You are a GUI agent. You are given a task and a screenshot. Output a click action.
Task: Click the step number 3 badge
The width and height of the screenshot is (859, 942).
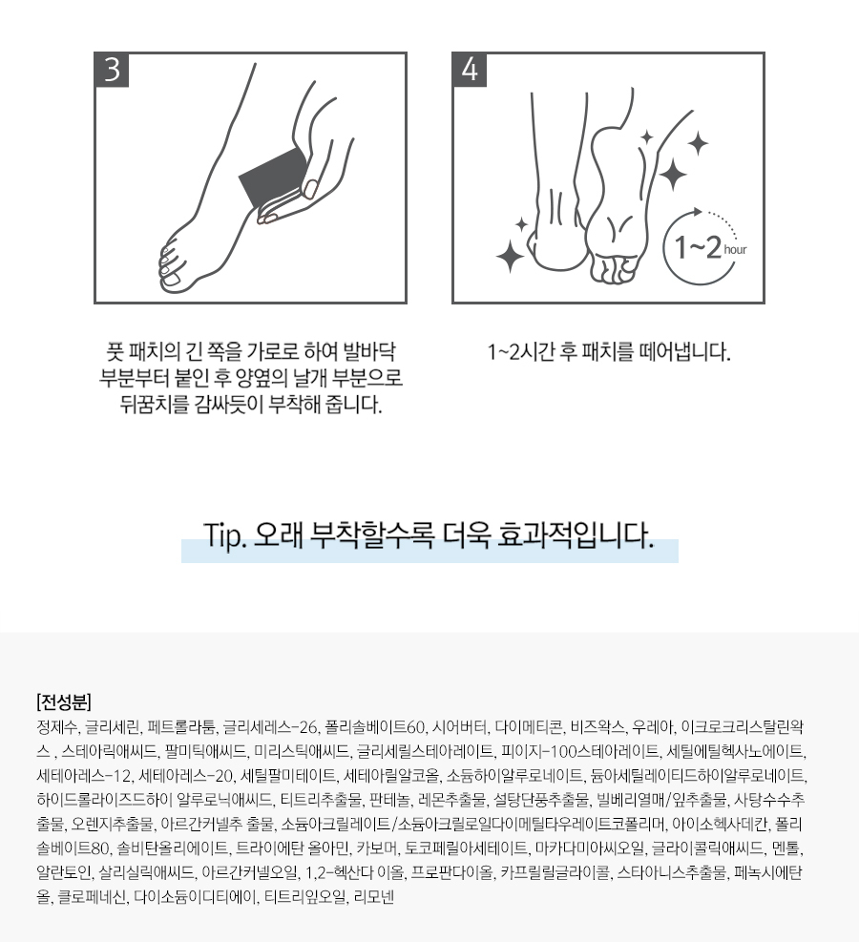[112, 70]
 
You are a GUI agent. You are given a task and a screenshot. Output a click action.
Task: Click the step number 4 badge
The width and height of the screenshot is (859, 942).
[470, 70]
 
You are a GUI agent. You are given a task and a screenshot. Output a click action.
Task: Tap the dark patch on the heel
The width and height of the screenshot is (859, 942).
[274, 178]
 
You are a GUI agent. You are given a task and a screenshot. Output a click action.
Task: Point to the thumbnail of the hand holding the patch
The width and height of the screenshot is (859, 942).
[310, 189]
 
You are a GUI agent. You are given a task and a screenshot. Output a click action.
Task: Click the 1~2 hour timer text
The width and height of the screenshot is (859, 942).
[709, 247]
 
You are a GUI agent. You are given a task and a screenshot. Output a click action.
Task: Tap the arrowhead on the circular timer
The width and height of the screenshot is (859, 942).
[697, 212]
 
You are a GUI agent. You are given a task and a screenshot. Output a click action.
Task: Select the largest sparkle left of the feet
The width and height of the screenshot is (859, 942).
[511, 256]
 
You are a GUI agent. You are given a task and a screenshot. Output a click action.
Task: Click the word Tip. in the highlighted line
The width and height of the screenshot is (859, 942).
[225, 535]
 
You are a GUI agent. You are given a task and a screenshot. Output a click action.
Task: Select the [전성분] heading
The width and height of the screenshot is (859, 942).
[64, 701]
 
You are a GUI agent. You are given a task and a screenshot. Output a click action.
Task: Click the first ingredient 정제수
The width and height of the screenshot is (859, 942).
[57, 727]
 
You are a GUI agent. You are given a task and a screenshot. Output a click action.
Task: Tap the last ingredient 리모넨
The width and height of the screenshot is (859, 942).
[373, 897]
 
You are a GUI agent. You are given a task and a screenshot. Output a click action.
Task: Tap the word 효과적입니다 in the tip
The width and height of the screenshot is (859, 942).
[575, 535]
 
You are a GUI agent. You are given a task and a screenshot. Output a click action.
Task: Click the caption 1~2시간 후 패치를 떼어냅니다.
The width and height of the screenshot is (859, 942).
[609, 352]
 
